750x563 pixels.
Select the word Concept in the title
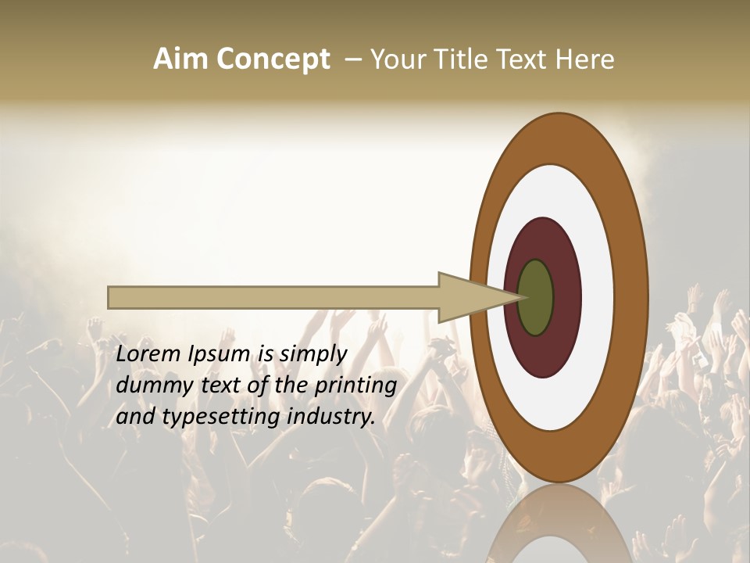(x=273, y=60)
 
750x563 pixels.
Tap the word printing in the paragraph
(x=355, y=386)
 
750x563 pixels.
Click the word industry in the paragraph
(x=331, y=417)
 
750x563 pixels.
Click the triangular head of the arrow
(x=469, y=298)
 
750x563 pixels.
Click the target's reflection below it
(x=559, y=524)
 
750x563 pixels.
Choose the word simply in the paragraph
(x=312, y=355)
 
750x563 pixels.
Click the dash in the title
(x=352, y=59)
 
